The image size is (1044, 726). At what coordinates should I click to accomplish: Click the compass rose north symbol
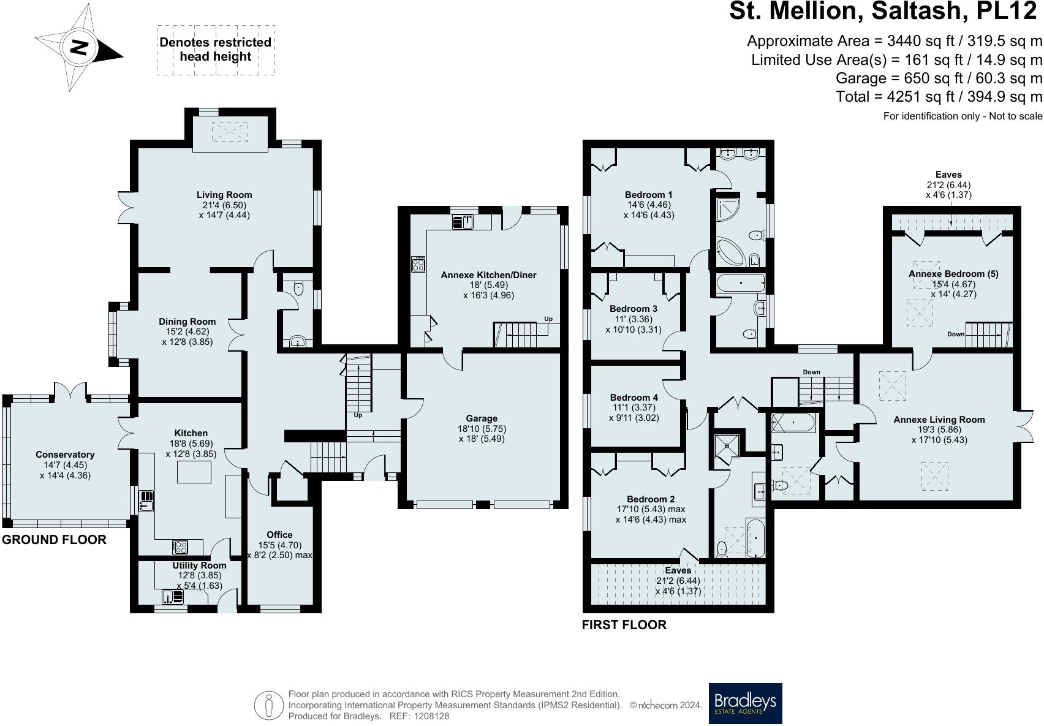tap(79, 47)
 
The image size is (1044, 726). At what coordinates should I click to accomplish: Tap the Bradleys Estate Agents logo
tap(745, 703)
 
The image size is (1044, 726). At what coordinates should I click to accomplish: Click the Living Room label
tap(224, 195)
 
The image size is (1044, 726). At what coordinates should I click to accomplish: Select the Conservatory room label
tap(65, 455)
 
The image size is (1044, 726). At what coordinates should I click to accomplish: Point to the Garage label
tap(482, 418)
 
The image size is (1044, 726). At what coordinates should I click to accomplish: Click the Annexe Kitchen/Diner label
tap(488, 275)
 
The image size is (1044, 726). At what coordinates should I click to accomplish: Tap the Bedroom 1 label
tap(649, 195)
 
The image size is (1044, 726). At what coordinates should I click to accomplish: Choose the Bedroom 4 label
tap(634, 398)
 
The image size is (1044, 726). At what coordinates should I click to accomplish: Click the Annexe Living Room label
tap(939, 420)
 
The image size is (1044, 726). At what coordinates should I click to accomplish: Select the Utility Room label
tap(200, 565)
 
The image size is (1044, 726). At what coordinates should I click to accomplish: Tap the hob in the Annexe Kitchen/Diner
tap(418, 264)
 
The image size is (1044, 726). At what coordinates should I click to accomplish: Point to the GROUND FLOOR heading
tap(54, 540)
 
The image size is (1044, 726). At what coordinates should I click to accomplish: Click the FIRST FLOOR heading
tap(624, 625)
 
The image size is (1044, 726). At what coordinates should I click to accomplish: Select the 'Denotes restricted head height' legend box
tap(216, 50)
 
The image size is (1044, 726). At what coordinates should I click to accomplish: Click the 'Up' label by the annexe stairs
tap(548, 319)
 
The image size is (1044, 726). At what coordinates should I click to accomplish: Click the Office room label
tap(279, 535)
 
